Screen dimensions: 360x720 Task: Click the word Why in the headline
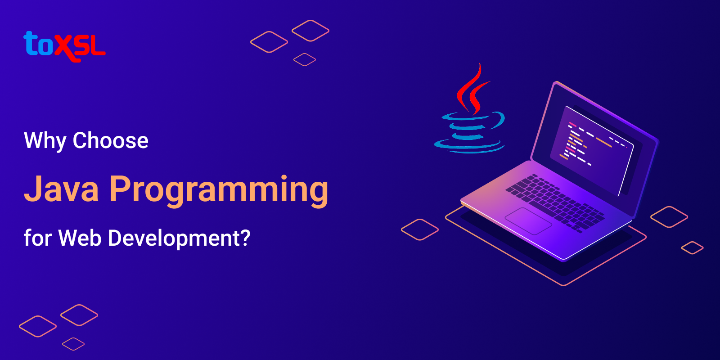[x=45, y=141]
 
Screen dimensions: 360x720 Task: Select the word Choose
[x=111, y=140]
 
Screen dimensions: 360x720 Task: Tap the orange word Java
[x=61, y=189]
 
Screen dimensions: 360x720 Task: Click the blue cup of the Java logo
[x=470, y=130]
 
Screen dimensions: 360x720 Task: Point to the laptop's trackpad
[x=528, y=220]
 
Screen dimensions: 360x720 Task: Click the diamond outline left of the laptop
[x=419, y=229]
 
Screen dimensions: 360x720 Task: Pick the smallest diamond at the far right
[x=692, y=248]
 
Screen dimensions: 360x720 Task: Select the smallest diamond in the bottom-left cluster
[x=73, y=344]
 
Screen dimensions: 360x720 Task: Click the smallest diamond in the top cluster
[x=305, y=59]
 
